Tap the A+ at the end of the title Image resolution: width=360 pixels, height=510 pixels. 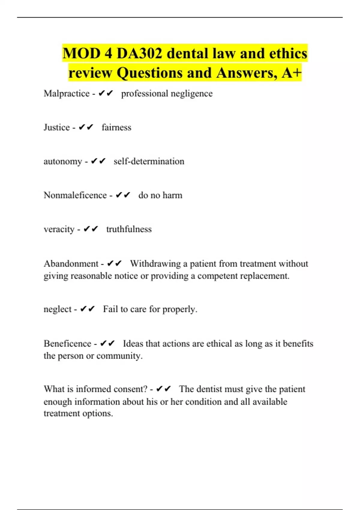[291, 73]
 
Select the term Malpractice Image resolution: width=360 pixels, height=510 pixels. [67, 94]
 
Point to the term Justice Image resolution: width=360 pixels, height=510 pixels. [57, 127]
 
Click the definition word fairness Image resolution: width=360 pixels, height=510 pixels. [116, 127]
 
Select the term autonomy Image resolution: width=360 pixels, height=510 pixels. [63, 161]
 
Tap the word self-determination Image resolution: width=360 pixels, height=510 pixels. [149, 161]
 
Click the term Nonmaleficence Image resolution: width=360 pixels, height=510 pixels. [75, 195]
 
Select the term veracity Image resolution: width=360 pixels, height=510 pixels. [59, 229]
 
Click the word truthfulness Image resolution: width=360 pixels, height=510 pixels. [129, 229]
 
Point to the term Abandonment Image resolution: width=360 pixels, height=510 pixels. [71, 264]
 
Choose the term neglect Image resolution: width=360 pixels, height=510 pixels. [58, 309]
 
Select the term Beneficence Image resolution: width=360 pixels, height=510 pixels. [67, 343]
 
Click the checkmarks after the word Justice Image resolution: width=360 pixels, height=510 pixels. [86, 127]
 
